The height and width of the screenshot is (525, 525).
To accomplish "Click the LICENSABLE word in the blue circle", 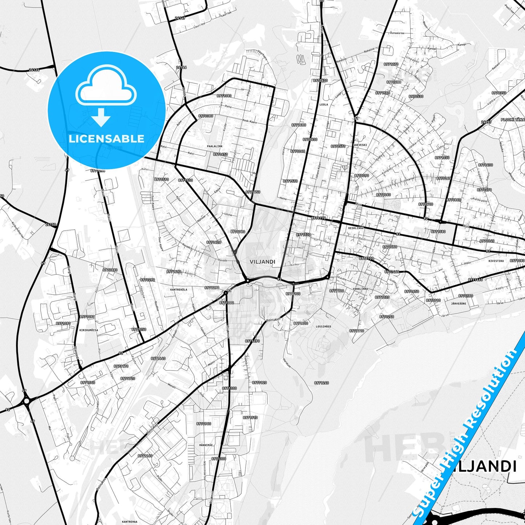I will [106, 138].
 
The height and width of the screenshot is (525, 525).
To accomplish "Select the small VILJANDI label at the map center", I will [262, 262].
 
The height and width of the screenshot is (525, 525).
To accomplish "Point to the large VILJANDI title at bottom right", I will [483, 467].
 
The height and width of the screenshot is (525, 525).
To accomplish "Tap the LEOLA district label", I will [323, 105].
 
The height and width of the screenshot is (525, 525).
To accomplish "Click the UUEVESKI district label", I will [360, 145].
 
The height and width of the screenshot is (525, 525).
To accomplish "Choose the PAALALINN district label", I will [214, 146].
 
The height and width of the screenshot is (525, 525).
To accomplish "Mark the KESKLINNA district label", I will [356, 228].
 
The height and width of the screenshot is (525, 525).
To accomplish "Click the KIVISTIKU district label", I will [496, 261].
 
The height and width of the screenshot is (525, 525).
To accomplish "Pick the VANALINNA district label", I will [360, 289].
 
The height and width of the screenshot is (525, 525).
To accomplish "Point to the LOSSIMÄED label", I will [323, 327].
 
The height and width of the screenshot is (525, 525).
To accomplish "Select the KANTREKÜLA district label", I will [178, 290].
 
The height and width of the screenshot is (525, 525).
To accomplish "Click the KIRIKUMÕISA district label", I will [88, 330].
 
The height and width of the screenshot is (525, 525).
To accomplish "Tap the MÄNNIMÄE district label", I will [206, 445].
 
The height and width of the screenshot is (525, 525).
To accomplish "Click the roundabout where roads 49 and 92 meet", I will [26, 401].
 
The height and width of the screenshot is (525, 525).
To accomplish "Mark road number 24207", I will [486, 122].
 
